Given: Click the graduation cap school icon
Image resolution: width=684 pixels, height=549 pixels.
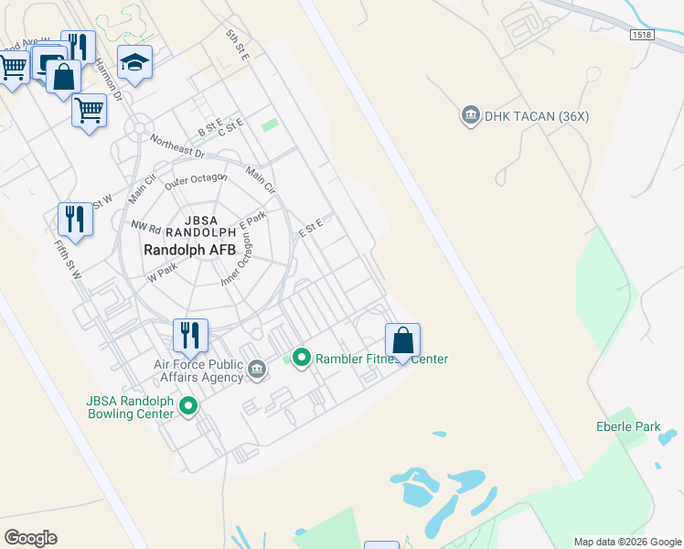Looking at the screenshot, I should pyautogui.click(x=134, y=63).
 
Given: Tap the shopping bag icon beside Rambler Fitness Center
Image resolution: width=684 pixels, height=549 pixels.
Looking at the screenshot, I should pyautogui.click(x=402, y=340).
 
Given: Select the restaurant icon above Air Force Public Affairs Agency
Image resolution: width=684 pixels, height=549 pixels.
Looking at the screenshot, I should pyautogui.click(x=190, y=336).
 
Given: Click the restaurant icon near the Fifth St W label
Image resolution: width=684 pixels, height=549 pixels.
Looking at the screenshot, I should pyautogui.click(x=75, y=220).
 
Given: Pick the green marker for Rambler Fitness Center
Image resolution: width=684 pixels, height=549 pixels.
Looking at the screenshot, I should pyautogui.click(x=300, y=358).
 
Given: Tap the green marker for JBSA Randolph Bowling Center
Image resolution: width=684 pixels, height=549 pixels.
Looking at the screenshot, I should pyautogui.click(x=189, y=404).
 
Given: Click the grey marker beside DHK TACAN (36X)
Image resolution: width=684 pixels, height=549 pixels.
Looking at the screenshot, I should pyautogui.click(x=471, y=114).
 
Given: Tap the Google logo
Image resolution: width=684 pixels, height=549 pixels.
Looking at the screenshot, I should pyautogui.click(x=30, y=537).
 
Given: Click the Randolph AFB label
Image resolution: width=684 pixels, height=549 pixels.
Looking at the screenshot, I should pyautogui.click(x=189, y=249).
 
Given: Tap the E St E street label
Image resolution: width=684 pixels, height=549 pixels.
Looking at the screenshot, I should pyautogui.click(x=312, y=227).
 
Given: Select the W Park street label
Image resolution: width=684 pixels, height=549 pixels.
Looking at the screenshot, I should pyautogui.click(x=162, y=272).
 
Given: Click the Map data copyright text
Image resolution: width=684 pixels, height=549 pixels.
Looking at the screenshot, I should pyautogui.click(x=627, y=541).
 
